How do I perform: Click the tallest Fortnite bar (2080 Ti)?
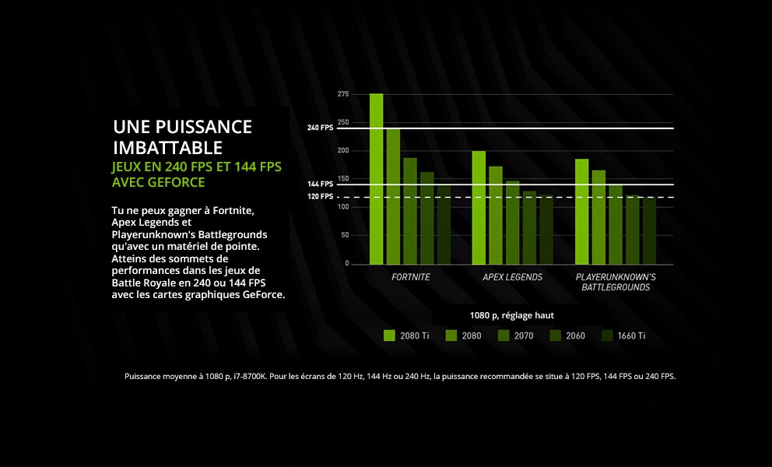pos(377,179)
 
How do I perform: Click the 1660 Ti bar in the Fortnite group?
pos(444,225)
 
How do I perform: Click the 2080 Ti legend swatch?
pos(390,335)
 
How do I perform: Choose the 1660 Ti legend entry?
pos(631,335)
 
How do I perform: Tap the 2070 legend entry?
pos(522,335)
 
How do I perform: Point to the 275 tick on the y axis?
pos(343,94)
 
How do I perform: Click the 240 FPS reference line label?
pos(320,128)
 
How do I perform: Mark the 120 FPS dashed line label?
pos(320,197)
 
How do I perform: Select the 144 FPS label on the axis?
pos(320,184)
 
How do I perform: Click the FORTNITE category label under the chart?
pos(410,277)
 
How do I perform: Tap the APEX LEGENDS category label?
pos(512,277)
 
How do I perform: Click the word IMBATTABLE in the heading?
pos(168,148)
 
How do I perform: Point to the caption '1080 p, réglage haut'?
pos(512,315)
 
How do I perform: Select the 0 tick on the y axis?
pos(346,264)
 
